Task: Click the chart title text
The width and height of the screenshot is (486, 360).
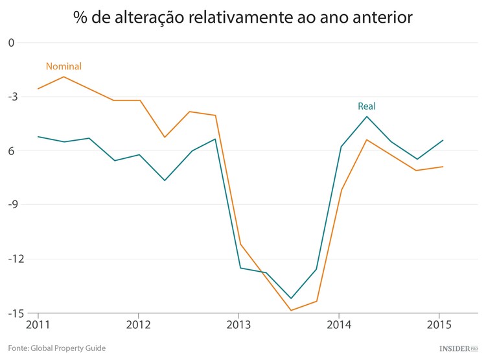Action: tap(243, 18)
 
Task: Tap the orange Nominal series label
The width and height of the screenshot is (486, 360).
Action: tap(64, 66)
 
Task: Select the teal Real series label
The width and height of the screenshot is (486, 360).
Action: tap(367, 106)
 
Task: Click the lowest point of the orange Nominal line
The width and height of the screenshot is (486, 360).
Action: tap(291, 310)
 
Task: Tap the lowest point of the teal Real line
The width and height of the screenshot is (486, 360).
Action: tap(291, 298)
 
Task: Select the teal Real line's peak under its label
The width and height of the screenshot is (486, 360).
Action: tap(367, 117)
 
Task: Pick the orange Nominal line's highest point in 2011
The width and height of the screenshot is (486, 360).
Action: tap(63, 77)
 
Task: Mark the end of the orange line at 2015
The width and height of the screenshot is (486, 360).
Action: tap(443, 167)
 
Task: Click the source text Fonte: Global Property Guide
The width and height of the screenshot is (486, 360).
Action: tap(57, 348)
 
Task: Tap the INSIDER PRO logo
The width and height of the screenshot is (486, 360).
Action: tap(457, 348)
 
